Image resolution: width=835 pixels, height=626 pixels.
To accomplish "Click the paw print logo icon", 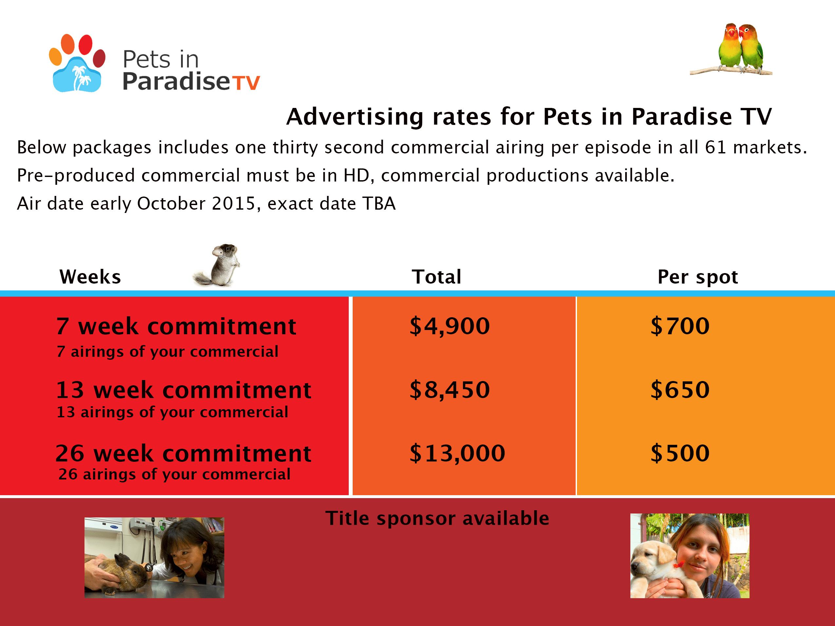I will point(77,63).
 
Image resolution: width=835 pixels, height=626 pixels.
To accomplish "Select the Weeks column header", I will point(90,277).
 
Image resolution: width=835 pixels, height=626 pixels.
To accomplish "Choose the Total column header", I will point(436,277).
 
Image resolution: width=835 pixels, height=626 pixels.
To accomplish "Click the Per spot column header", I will point(697,277).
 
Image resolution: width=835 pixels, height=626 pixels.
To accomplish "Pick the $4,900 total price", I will point(450,326).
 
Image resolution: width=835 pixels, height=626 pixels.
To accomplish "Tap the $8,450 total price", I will point(450,390).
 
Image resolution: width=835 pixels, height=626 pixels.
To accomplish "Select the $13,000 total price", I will point(457,453).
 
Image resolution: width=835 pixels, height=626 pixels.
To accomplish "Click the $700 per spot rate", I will point(680,326).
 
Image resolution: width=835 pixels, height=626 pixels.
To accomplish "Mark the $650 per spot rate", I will point(680,390).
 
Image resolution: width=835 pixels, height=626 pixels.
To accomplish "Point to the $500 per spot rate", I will point(680,453).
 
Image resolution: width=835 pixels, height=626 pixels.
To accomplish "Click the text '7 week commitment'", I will point(176,326).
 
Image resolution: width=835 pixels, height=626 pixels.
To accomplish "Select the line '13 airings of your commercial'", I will point(172,412).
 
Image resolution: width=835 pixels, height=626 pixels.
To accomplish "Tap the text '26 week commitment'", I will point(183,453).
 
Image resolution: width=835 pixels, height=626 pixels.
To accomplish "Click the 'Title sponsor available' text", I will point(437,518).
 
